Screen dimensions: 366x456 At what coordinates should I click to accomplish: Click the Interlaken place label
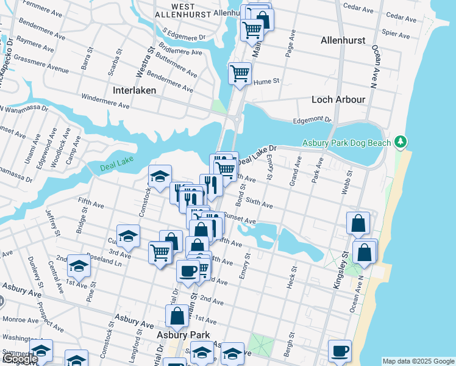(x=135, y=90)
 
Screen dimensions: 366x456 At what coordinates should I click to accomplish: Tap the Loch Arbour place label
(x=338, y=99)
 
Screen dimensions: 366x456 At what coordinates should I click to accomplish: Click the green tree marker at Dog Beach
(x=400, y=142)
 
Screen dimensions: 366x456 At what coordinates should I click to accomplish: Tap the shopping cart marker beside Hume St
(x=240, y=73)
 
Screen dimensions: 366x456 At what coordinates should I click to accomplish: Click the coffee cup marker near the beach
(x=340, y=351)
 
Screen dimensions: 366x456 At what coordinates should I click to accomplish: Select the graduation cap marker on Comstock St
(x=160, y=177)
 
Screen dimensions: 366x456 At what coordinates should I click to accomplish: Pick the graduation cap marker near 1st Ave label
(x=79, y=265)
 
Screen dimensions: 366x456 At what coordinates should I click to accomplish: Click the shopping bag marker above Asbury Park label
(x=177, y=316)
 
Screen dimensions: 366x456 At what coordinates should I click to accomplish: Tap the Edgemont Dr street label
(x=311, y=121)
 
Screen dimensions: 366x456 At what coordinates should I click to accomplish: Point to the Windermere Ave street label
(x=105, y=101)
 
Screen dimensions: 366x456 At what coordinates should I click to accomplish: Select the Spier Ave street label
(x=394, y=32)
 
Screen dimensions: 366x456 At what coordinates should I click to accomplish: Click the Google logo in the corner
(x=20, y=359)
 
